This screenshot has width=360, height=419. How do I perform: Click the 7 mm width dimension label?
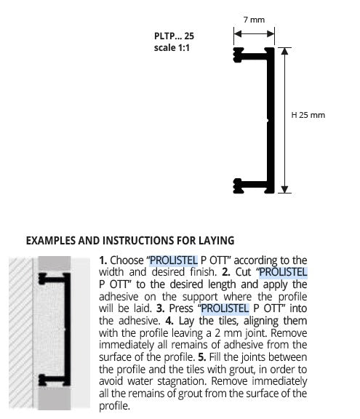(x=254, y=20)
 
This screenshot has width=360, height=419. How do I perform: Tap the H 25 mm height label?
(x=308, y=115)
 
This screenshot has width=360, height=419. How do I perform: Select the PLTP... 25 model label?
(x=174, y=36)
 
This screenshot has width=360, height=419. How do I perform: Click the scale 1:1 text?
(x=172, y=48)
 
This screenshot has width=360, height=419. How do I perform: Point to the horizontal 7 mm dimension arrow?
(x=254, y=33)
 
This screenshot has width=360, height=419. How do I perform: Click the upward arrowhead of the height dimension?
(x=284, y=51)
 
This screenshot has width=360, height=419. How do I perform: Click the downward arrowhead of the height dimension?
(x=284, y=189)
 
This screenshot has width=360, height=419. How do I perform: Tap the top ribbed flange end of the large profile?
(x=239, y=55)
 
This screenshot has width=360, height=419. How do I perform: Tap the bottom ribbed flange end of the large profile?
(x=238, y=185)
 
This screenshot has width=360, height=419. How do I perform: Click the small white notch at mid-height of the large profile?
(x=267, y=121)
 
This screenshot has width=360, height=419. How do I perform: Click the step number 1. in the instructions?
(x=103, y=260)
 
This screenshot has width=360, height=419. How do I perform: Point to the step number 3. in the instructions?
(x=160, y=308)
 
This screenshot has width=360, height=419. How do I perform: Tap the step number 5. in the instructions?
(x=202, y=357)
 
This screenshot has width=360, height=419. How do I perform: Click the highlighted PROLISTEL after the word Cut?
(x=283, y=272)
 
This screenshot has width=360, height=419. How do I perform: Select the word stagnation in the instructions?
(x=182, y=382)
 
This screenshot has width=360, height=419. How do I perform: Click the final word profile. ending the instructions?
(x=115, y=406)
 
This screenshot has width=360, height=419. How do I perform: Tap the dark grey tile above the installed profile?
(x=55, y=264)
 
